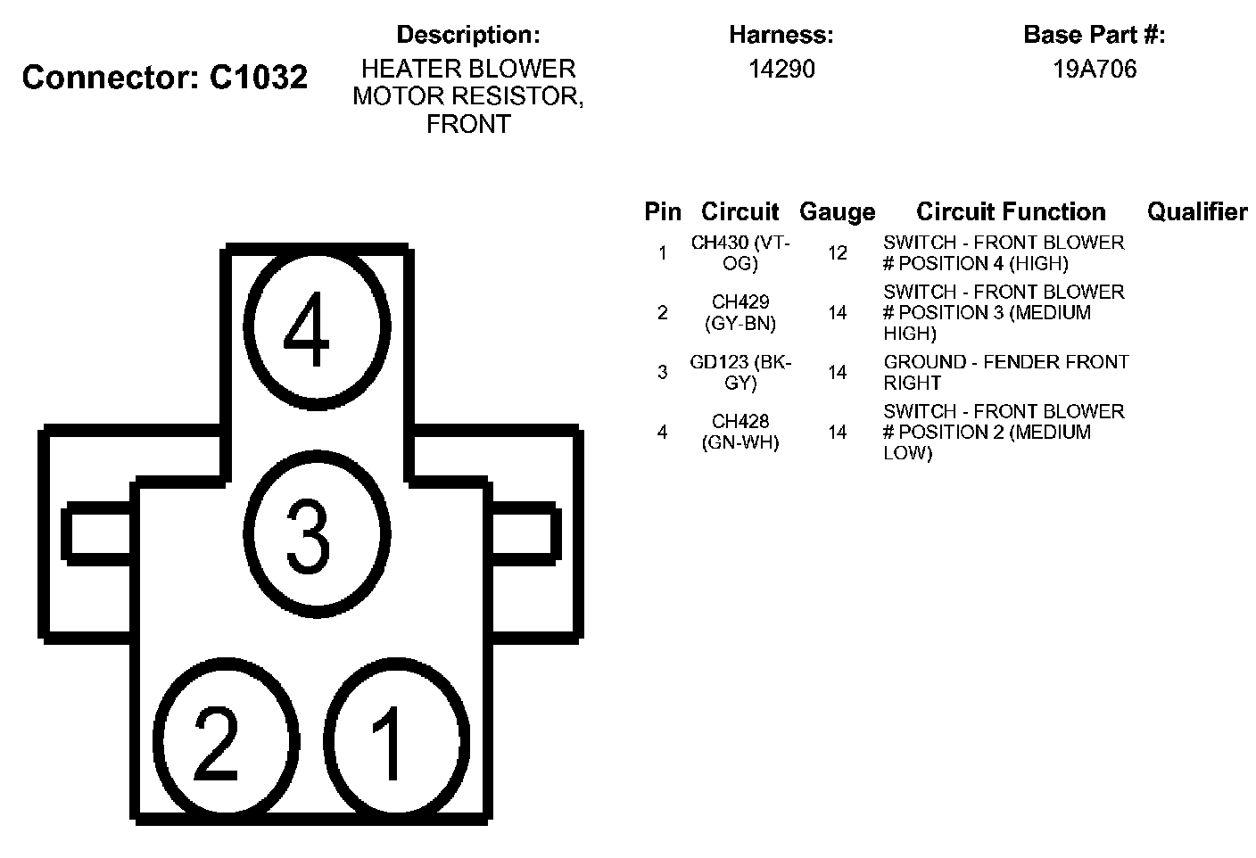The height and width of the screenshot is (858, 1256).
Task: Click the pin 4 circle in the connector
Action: [x=318, y=327]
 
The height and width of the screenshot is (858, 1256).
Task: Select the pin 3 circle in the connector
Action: [x=317, y=536]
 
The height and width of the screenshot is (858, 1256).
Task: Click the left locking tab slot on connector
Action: [x=98, y=533]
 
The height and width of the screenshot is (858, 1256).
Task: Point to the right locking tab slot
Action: [x=525, y=533]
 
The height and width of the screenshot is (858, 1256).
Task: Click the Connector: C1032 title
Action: [x=165, y=78]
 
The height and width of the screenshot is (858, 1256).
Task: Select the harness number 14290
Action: [x=781, y=70]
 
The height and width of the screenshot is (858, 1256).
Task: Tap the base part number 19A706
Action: [x=1095, y=70]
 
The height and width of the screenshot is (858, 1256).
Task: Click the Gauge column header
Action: [x=837, y=212]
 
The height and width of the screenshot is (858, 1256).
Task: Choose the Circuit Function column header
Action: [x=1011, y=212]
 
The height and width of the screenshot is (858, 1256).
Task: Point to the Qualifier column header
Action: [x=1197, y=212]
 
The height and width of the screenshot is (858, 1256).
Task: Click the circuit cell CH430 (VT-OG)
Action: [x=740, y=253]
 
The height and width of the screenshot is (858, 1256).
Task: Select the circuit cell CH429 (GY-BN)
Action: [x=740, y=313]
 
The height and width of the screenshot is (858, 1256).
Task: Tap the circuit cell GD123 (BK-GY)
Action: [x=740, y=373]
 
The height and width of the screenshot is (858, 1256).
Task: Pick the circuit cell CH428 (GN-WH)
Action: [x=740, y=432]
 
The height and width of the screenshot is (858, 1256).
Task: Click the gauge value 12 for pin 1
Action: [x=837, y=253]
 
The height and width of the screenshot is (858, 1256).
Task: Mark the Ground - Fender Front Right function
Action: [x=1005, y=373]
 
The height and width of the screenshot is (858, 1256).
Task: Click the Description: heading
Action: [x=468, y=35]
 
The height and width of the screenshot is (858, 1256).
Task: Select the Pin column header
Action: [x=662, y=212]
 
